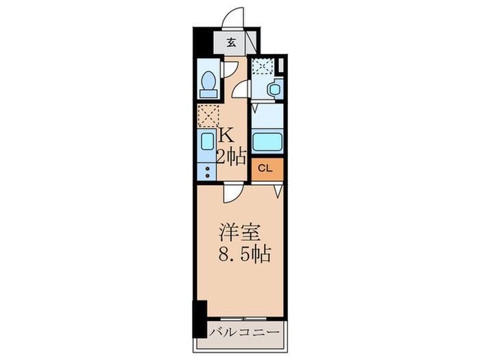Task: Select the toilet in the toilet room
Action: click(208, 83)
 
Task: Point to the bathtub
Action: click(267, 142)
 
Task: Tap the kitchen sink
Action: click(208, 143)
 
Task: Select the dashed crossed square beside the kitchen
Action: click(208, 116)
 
